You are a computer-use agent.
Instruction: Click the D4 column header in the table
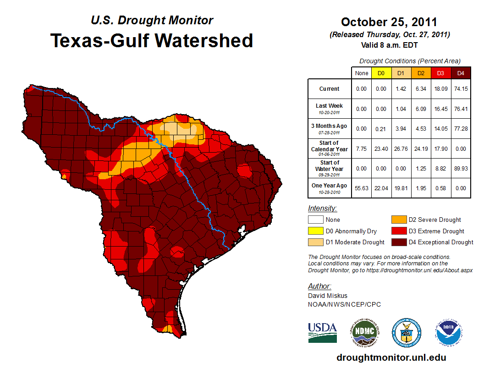coord(461,73)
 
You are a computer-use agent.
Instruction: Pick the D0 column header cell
coord(380,73)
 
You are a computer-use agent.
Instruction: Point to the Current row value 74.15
coord(461,89)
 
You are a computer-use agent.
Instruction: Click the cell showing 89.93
coord(461,169)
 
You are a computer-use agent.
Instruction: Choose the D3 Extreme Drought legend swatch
coord(398,231)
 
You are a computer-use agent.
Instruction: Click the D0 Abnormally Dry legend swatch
coord(316,231)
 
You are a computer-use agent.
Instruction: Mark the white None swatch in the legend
coord(316,220)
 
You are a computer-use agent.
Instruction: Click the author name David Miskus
coord(328,296)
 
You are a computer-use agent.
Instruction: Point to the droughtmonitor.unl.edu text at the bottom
coord(391,357)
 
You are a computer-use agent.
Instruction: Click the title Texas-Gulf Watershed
coord(152,40)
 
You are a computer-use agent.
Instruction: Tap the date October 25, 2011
coord(389,22)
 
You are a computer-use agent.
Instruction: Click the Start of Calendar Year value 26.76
coord(401,149)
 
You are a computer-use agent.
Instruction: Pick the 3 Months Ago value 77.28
coord(461,129)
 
